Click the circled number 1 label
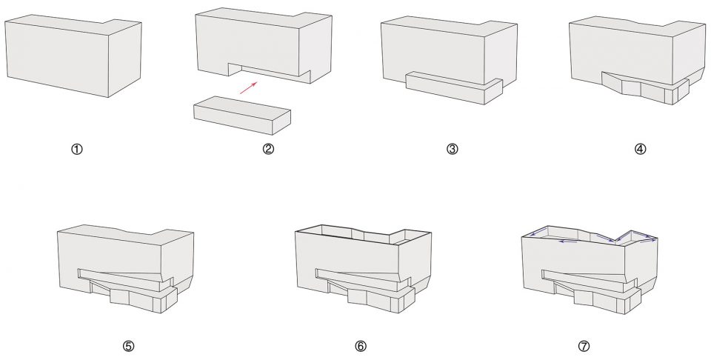[77, 149]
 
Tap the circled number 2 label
[268, 149]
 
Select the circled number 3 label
[452, 149]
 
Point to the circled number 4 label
[640, 149]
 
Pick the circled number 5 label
[128, 347]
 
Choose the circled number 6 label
[361, 347]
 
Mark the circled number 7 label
[584, 347]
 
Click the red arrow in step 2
[249, 87]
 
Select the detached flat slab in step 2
[242, 115]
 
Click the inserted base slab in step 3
[454, 87]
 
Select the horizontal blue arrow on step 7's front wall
[568, 241]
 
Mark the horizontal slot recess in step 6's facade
[359, 276]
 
